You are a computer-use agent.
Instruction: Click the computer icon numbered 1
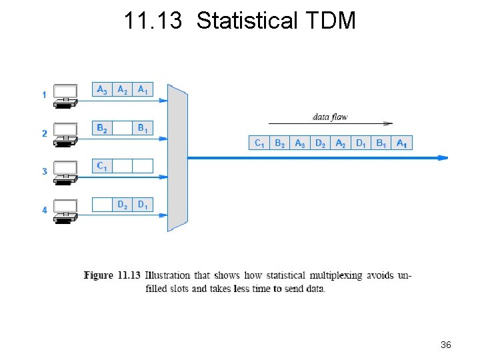(65, 95)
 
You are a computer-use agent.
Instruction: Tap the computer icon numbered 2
(65, 133)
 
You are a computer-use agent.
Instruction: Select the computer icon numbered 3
(65, 171)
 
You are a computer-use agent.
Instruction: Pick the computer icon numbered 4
(65, 210)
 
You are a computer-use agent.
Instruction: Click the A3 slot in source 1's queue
(102, 89)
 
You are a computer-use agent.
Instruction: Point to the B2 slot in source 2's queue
(102, 128)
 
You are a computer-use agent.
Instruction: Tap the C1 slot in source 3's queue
(102, 166)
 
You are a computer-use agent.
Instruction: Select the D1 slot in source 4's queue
(143, 205)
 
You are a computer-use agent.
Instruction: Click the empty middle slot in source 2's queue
(123, 128)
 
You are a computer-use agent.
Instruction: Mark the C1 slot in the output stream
(259, 143)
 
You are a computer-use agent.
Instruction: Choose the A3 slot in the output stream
(300, 143)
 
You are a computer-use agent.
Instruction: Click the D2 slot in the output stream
(321, 143)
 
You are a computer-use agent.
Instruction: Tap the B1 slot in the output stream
(381, 143)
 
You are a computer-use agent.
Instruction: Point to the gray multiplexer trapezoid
(177, 158)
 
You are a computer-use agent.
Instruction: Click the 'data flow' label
(330, 117)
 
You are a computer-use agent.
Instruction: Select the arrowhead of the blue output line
(443, 158)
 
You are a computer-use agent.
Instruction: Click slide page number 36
(446, 345)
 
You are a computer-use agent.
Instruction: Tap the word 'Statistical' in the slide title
(247, 21)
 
